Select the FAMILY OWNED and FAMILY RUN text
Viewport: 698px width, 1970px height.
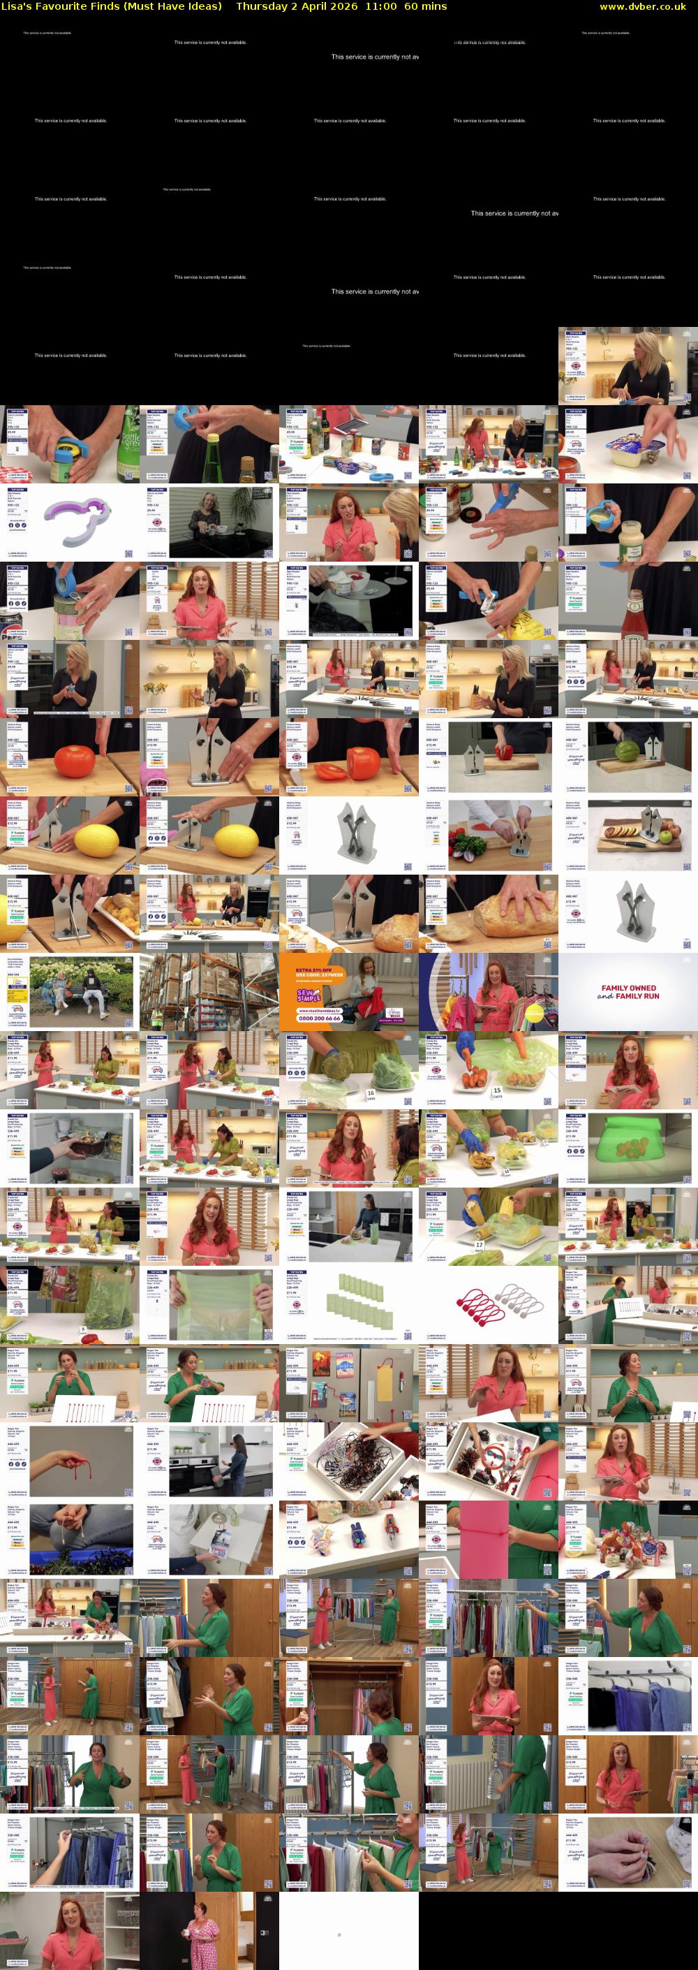628,993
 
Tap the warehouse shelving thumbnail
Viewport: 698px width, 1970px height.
209,992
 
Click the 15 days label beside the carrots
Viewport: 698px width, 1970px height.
498,1090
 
